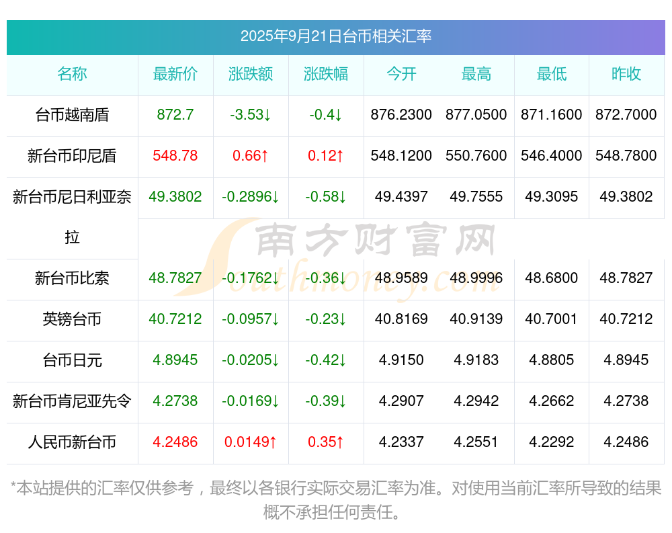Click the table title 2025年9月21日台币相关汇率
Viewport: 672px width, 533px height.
335,36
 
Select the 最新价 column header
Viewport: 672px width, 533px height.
175,74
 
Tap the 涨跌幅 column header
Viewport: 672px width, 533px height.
326,74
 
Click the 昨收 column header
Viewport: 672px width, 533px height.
626,74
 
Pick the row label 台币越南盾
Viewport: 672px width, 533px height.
72,115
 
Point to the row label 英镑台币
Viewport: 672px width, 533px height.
72,319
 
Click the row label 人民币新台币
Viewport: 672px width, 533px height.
72,442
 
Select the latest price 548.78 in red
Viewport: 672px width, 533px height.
175,156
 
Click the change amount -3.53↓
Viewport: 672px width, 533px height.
251,115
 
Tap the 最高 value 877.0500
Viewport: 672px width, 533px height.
476,115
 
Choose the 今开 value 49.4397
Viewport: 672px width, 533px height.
401,197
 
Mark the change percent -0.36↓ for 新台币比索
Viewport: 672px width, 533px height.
326,278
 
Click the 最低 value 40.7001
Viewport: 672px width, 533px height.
552,319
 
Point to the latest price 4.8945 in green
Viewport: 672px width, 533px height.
175,360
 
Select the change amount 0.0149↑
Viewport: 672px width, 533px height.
251,442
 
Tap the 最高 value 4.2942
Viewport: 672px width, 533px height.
476,401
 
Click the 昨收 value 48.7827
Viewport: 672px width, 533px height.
626,278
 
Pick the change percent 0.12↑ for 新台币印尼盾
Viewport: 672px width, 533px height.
326,156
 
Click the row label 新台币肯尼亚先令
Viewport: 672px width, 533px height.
72,401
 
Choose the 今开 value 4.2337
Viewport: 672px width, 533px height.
401,442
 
